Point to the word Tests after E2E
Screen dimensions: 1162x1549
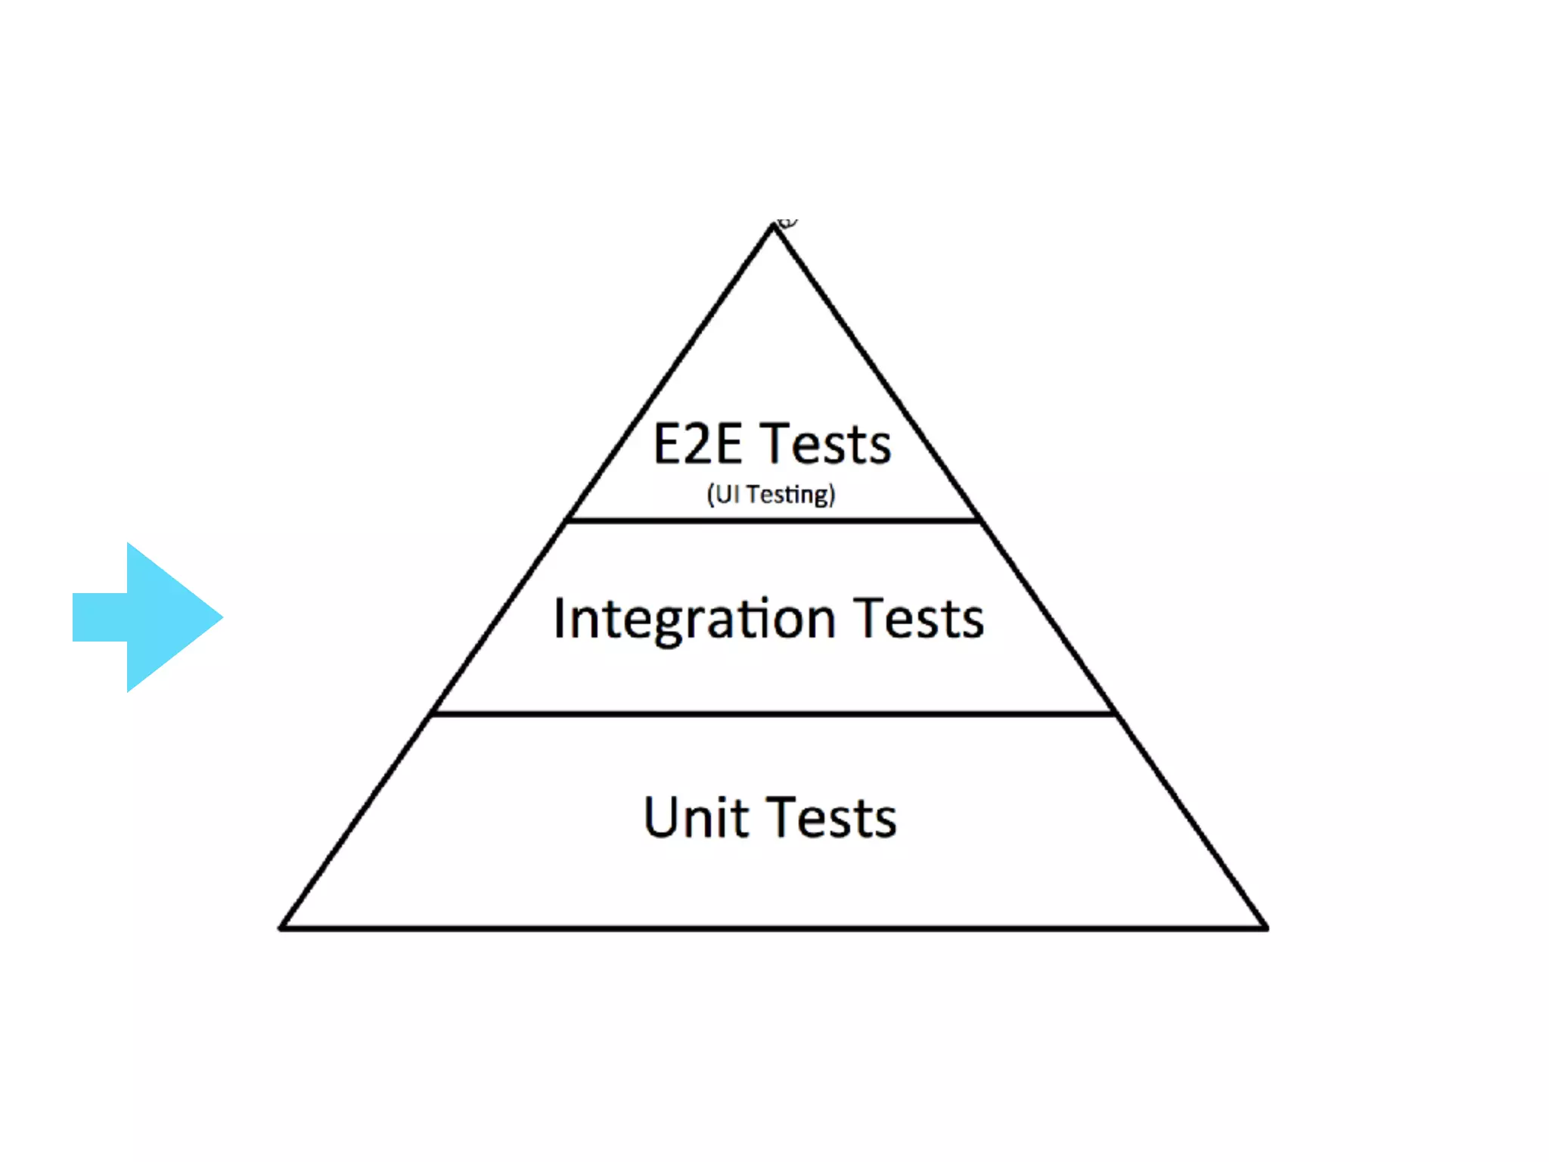(x=826, y=444)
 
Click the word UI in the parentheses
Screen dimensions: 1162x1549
(x=727, y=494)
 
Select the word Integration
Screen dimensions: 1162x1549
(x=694, y=620)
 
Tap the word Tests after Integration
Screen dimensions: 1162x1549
(x=919, y=619)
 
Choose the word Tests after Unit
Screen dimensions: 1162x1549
(x=835, y=818)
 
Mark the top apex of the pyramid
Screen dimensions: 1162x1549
(x=773, y=226)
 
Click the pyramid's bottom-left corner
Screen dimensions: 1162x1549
(x=282, y=927)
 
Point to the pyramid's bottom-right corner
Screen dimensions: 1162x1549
(x=1265, y=927)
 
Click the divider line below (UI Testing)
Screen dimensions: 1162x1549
(x=773, y=520)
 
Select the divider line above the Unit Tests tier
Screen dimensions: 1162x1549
(x=773, y=713)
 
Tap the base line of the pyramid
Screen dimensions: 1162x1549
(x=773, y=927)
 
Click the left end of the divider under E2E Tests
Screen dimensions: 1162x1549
(x=569, y=520)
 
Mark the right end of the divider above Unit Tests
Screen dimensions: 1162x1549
(x=1113, y=713)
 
